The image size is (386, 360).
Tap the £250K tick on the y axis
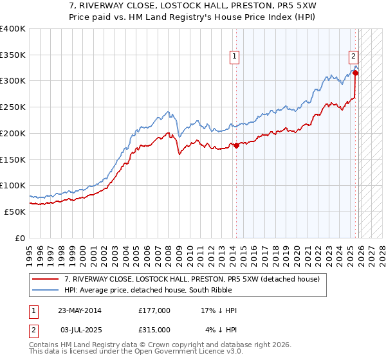12,107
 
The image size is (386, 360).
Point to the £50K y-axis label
14,212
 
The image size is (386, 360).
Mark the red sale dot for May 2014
236,145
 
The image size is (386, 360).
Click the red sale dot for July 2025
356,73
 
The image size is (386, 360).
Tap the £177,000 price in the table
154,310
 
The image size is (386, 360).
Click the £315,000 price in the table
154,329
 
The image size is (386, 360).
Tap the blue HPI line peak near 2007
168,112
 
